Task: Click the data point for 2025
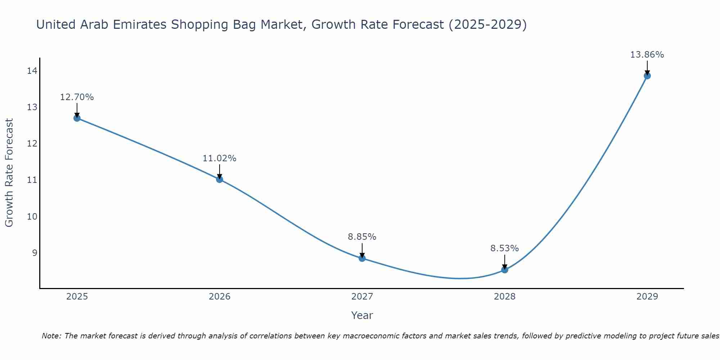(x=77, y=118)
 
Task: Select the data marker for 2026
(x=220, y=179)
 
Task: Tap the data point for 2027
(x=362, y=258)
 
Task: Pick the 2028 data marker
(x=505, y=270)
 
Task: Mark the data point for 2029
(x=647, y=76)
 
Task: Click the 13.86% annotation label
(x=647, y=55)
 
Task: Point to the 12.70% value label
(x=77, y=97)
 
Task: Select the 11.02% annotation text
(x=219, y=158)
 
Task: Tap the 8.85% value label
(x=362, y=237)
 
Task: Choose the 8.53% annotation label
(x=504, y=248)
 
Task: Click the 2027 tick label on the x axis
(x=362, y=297)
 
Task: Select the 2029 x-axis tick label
(x=647, y=297)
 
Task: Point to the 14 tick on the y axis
(x=32, y=71)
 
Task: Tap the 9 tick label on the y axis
(x=35, y=253)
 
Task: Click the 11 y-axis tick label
(x=32, y=180)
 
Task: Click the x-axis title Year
(x=362, y=315)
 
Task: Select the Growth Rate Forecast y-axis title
(x=9, y=173)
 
